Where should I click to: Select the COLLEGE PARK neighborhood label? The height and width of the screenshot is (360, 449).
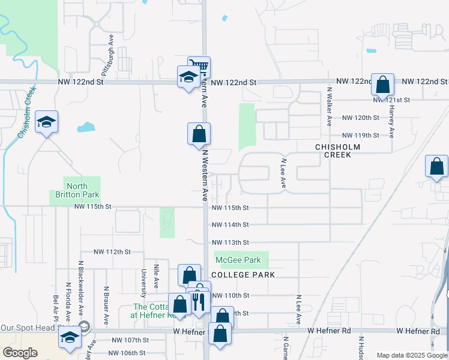244,275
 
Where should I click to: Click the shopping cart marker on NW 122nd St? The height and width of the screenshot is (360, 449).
199,66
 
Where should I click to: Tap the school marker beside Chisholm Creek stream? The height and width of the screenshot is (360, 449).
46,122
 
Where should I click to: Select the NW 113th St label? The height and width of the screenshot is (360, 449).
230,242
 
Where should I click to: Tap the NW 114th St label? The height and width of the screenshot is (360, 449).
230,224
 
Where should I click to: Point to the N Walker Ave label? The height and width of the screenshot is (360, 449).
329,106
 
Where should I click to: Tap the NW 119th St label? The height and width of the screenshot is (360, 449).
361,136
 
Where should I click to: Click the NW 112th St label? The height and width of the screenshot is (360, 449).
112,252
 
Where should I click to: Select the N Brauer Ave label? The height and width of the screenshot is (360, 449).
106,297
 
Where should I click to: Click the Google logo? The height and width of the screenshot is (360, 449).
20,353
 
